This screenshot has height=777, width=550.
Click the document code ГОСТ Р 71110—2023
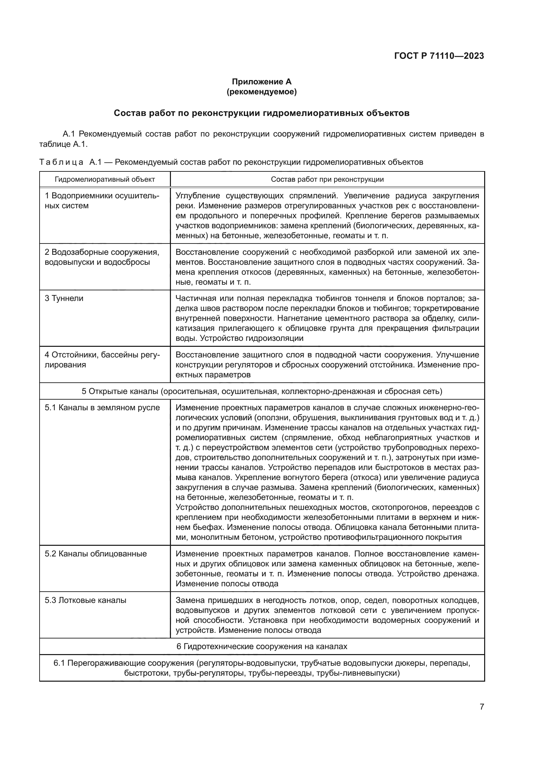coord(439,56)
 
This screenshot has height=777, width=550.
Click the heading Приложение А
coord(261,82)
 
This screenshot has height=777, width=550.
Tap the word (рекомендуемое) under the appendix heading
coord(261,92)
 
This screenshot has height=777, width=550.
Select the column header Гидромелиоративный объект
coord(105,179)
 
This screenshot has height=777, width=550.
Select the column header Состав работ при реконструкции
coord(327,179)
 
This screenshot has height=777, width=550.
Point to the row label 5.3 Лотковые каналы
coord(85,600)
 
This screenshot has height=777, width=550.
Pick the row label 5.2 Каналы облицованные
coord(95,554)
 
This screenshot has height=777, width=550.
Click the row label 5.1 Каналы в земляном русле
coord(102,408)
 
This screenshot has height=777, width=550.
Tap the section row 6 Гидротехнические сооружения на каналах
coord(262,647)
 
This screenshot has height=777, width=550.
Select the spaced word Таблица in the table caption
coord(61,162)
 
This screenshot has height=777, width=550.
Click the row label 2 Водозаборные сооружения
coord(102,252)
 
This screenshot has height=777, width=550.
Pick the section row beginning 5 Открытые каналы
coord(262,392)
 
